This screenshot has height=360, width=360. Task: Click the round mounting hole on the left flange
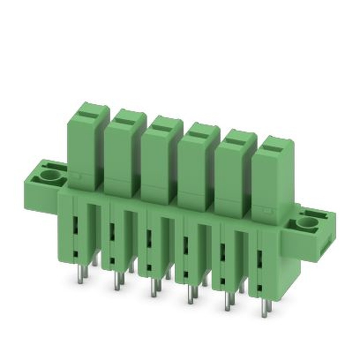[x=51, y=176]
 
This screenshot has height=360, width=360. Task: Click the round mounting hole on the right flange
[x=307, y=223]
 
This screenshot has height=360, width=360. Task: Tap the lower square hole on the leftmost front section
[x=76, y=254]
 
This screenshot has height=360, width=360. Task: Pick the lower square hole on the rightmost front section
[x=259, y=288]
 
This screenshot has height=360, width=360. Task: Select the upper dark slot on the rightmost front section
[x=259, y=258]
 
